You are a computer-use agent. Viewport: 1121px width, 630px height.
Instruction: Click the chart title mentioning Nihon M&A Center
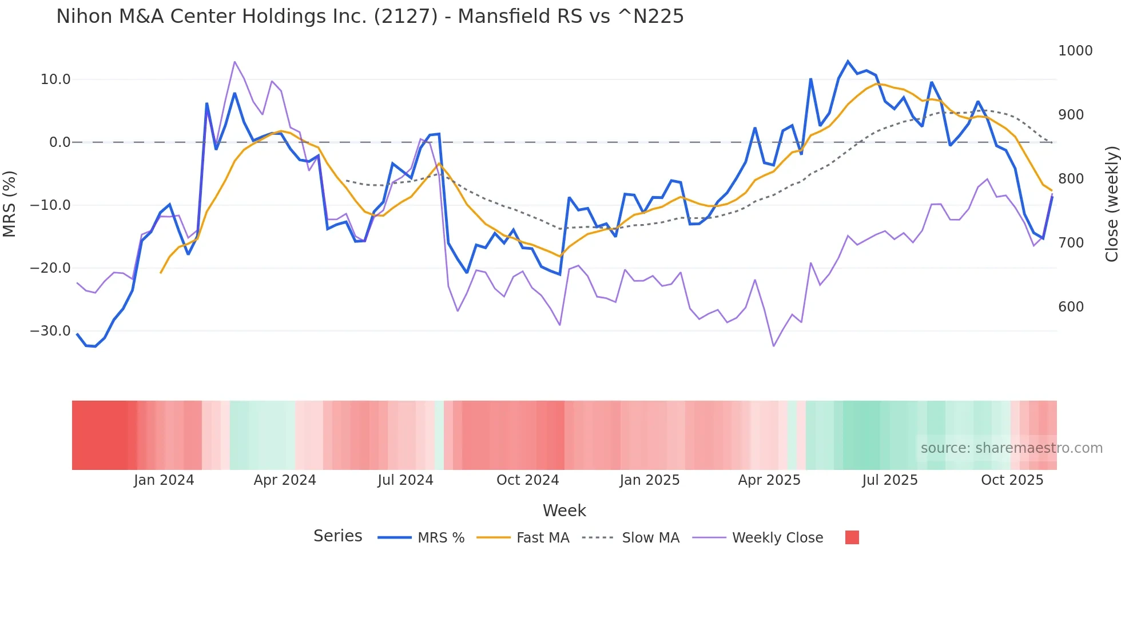[369, 17]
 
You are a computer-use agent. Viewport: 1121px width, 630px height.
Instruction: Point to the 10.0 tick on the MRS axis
[55, 79]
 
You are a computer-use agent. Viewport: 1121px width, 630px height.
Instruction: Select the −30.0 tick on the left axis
[50, 331]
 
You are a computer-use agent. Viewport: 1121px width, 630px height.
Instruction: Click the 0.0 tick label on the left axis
[60, 142]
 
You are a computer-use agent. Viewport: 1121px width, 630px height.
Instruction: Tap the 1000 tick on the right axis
[1075, 51]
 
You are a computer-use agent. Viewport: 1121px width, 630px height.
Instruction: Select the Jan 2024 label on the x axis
[164, 480]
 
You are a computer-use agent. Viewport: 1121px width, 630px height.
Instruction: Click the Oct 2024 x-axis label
[527, 480]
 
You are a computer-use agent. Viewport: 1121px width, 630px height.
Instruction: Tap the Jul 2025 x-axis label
[890, 480]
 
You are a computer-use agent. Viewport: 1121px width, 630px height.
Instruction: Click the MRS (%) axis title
[10, 204]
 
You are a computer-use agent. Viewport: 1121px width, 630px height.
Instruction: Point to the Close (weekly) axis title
[1111, 204]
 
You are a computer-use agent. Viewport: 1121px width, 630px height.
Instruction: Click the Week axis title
[564, 511]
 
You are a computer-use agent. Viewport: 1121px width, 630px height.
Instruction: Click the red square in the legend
[852, 537]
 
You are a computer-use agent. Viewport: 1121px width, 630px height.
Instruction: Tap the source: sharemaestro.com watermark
[1011, 448]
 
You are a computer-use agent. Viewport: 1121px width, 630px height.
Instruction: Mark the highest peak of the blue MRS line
[848, 61]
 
